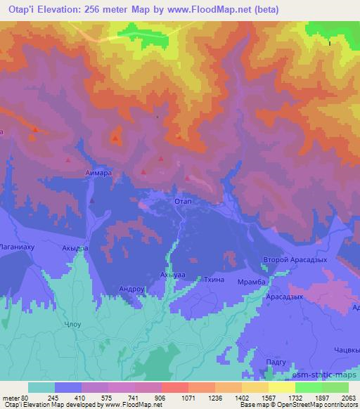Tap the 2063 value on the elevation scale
point(347,397)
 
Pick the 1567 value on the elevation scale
point(260,397)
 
